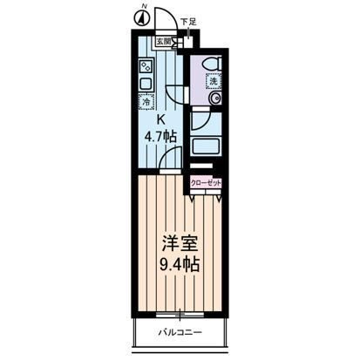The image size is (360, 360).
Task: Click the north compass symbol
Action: (140, 17)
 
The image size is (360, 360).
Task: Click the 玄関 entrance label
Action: (163, 40)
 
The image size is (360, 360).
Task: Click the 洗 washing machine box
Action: (213, 81)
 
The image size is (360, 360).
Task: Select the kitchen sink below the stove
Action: (145, 83)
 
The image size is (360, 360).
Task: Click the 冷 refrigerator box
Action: (145, 101)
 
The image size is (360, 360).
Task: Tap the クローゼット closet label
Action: (206, 182)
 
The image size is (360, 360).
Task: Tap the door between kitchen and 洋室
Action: (173, 161)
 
